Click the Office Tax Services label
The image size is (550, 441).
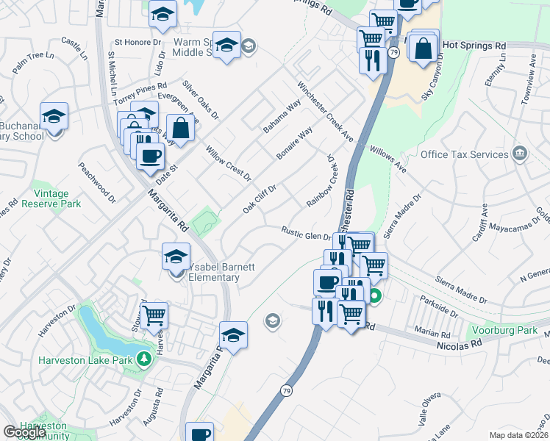[464, 154]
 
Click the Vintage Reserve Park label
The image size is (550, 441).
[51, 198]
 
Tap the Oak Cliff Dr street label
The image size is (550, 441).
[260, 200]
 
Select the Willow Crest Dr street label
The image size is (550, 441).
[229, 163]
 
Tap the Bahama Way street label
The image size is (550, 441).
[282, 116]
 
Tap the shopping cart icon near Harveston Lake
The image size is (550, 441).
[154, 315]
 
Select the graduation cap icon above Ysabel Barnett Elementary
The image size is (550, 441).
[176, 257]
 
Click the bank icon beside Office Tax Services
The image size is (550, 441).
[520, 153]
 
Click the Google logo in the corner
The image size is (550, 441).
[24, 432]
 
